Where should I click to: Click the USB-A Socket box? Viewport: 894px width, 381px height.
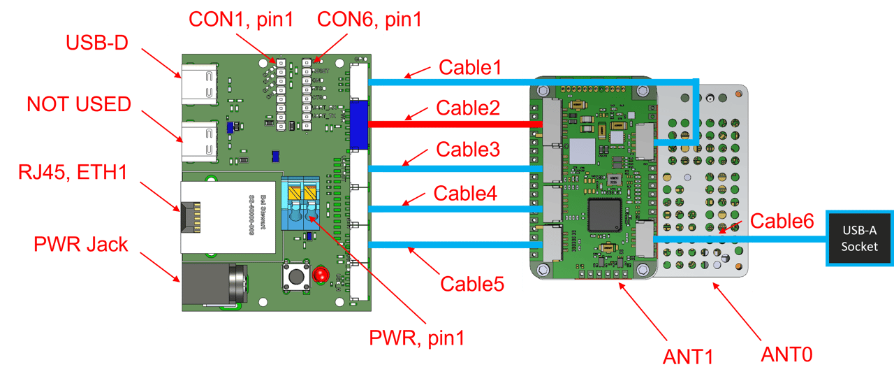point(859,238)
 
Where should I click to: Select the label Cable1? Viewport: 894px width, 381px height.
point(470,68)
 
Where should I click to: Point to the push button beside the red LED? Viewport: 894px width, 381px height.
point(295,277)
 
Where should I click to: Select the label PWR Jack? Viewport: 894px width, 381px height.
point(81,244)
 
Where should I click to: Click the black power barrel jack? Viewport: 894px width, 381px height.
point(214,285)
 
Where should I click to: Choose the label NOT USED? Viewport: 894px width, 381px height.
point(79,105)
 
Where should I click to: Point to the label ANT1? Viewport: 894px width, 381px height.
point(688,357)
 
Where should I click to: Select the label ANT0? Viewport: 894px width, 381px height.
point(786,354)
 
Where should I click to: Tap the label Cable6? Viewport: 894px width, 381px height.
point(782,222)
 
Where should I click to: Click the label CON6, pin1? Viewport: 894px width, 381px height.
point(369,19)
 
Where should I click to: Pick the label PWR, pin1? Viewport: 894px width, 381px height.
point(417,338)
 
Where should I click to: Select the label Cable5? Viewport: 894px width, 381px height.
point(471,284)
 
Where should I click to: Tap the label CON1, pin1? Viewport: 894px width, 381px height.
point(242,19)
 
